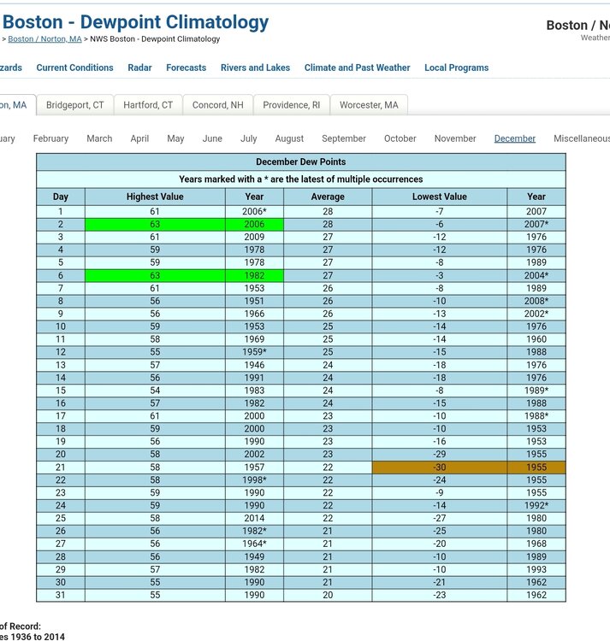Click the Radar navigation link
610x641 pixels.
[x=139, y=68]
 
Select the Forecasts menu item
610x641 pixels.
[x=186, y=68]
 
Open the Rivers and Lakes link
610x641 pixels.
[x=255, y=68]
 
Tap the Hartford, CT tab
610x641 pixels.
[x=148, y=105]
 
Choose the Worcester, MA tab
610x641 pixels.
[x=369, y=105]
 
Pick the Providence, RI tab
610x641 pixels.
[x=291, y=105]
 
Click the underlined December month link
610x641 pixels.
[x=515, y=138]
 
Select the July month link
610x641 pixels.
[x=248, y=138]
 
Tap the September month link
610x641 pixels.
[x=344, y=138]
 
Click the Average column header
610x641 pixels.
[x=328, y=197]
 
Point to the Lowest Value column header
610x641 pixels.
[x=439, y=197]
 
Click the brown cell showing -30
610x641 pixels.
[x=439, y=468]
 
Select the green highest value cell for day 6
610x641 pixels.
[x=155, y=275]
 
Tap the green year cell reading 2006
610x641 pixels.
[x=254, y=224]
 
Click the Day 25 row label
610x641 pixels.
[x=61, y=519]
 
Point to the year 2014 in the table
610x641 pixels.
[x=254, y=519]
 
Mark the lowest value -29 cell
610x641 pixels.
[x=439, y=455]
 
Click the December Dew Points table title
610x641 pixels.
[x=300, y=162]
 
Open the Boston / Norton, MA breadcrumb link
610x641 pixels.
[x=44, y=39]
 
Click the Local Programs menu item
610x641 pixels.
[x=456, y=68]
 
